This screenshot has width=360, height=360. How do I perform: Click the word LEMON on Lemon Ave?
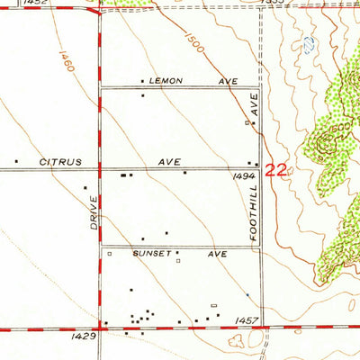click(166, 81)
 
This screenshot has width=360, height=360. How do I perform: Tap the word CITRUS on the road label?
click(60, 162)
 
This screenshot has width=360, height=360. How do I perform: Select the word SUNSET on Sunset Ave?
click(151, 255)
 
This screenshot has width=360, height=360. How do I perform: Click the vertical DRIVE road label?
click(94, 211)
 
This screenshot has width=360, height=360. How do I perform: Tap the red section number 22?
click(277, 169)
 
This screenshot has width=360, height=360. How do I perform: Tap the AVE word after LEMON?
click(228, 81)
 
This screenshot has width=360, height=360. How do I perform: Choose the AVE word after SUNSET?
click(217, 255)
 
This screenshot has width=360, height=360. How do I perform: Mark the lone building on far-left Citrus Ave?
click(16, 162)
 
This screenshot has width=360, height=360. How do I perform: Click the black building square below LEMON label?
click(142, 94)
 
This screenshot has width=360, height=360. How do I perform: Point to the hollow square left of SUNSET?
click(110, 255)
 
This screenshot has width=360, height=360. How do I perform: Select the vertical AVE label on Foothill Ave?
click(254, 106)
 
